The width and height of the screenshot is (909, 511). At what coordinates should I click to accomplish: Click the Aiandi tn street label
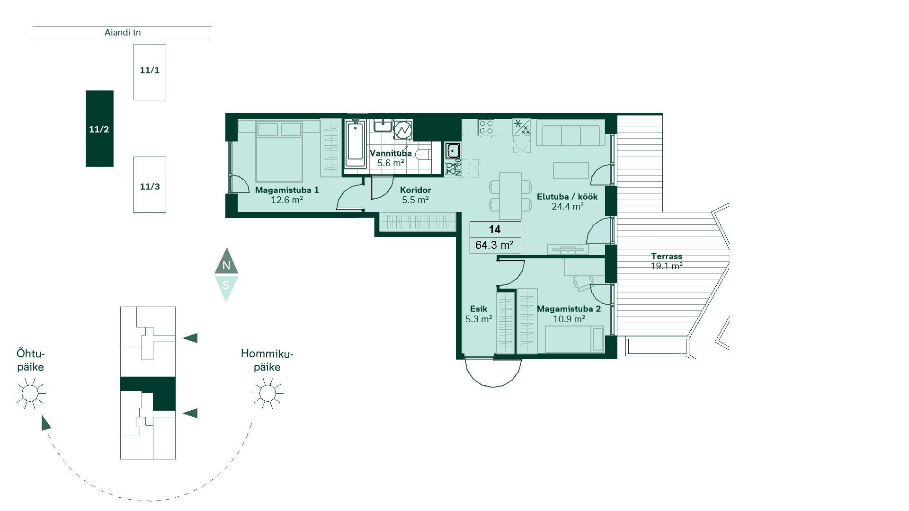point(123,33)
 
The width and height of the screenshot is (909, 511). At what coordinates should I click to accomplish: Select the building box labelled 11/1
point(150,72)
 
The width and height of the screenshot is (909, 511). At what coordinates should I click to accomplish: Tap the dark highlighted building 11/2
point(99,129)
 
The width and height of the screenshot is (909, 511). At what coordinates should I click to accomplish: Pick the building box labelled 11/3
point(150,185)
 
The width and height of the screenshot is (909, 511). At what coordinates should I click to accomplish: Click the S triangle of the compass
point(226,288)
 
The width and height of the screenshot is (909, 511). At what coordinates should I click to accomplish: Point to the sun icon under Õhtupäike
point(30,393)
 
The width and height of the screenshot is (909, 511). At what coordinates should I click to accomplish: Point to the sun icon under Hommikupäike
point(267,393)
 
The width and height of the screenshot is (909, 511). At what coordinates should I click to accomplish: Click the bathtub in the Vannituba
point(355,144)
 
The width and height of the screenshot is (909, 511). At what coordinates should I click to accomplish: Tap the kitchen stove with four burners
point(486,127)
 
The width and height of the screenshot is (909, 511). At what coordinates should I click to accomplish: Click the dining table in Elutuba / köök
point(510,196)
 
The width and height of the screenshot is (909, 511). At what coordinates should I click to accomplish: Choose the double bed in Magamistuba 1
point(279,151)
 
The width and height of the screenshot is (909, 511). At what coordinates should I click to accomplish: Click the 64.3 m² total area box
point(495,245)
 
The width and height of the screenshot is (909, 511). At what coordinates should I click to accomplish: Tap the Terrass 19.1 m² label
point(667,261)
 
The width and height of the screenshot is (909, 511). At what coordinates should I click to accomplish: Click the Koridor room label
point(415,190)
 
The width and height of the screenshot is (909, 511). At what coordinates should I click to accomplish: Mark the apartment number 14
point(495,229)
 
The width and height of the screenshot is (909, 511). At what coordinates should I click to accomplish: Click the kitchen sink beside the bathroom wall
point(453,151)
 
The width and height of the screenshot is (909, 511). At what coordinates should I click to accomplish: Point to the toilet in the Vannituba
point(422,154)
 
